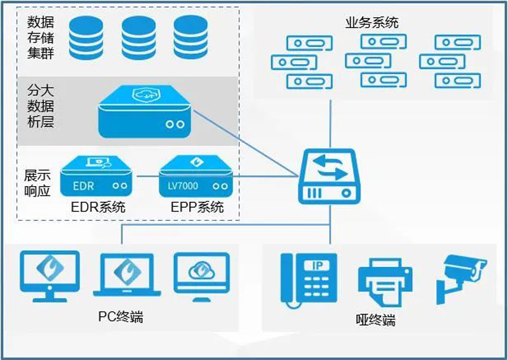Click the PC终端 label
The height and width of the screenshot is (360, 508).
120,316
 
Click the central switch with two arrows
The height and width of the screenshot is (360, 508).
330,176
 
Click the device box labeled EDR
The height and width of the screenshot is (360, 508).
97,178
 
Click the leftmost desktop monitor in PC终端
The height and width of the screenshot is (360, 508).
50,275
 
